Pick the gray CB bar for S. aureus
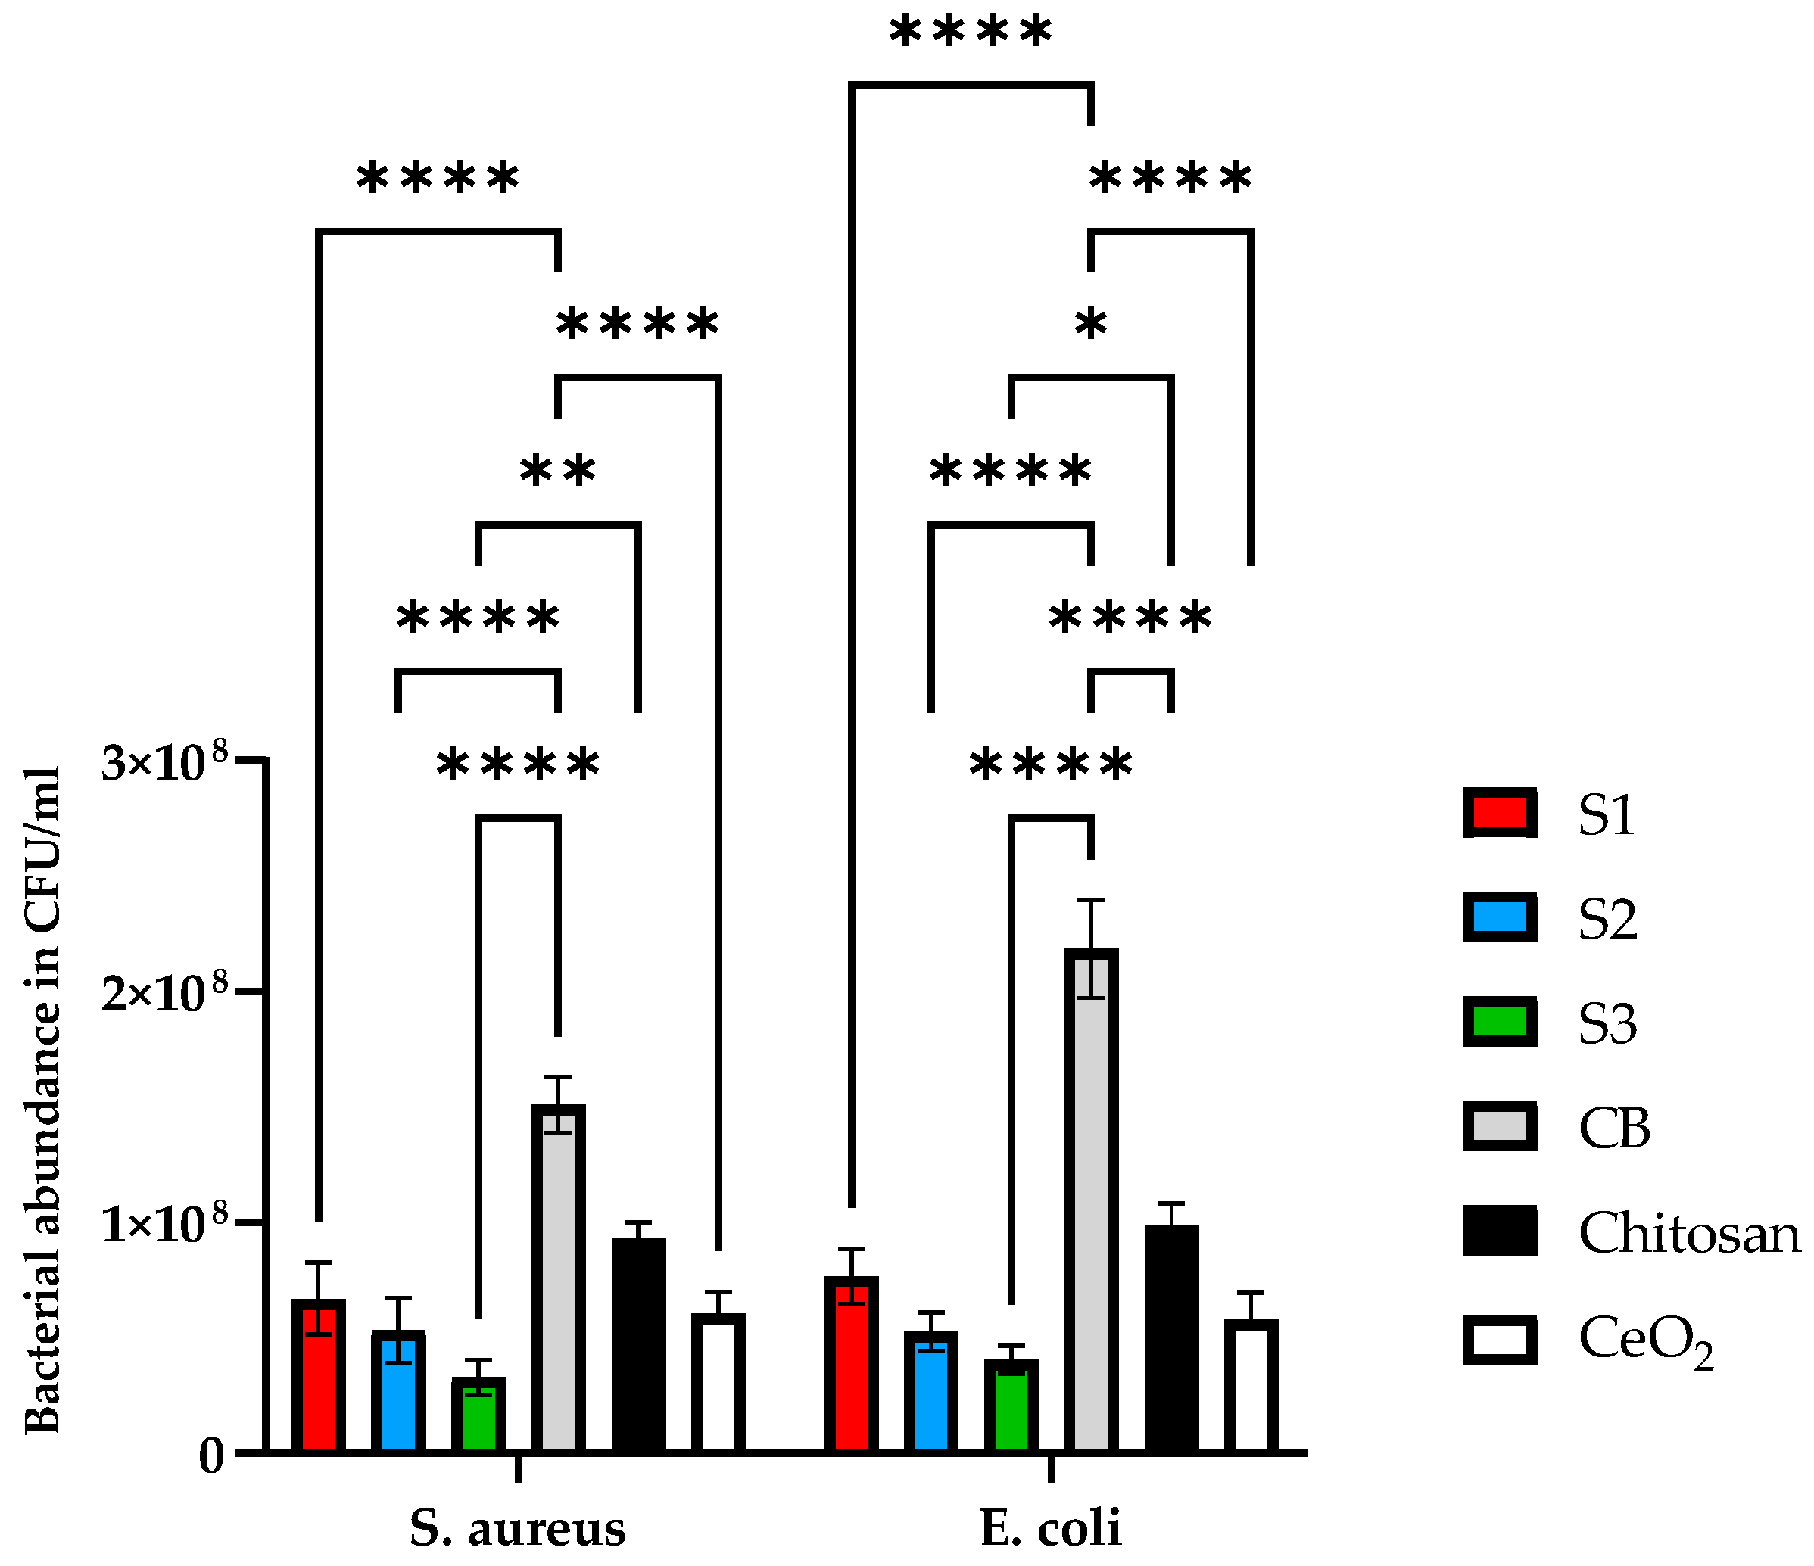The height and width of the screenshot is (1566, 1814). (559, 1279)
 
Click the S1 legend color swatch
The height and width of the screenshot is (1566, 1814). (1500, 813)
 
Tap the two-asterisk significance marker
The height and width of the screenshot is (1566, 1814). (558, 471)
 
